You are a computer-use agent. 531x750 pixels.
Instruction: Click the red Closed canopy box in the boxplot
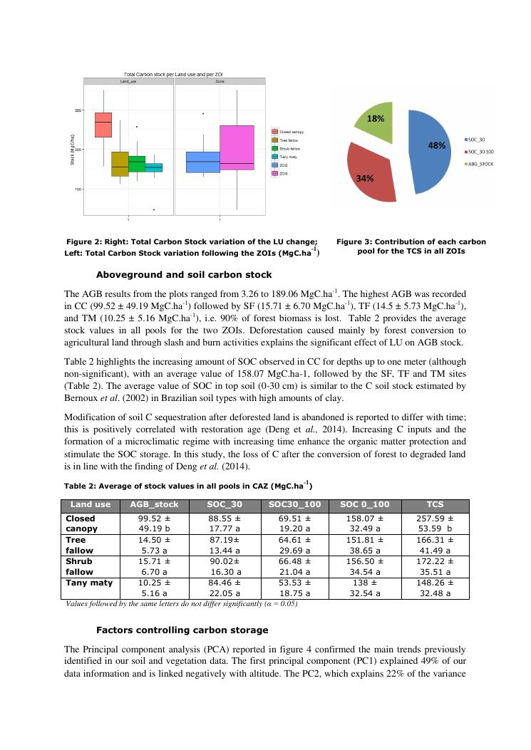(x=103, y=125)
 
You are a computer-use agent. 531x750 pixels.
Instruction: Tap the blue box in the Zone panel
(x=202, y=162)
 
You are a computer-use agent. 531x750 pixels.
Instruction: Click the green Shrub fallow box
(x=137, y=164)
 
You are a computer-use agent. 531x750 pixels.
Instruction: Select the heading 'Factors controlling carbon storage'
(x=182, y=630)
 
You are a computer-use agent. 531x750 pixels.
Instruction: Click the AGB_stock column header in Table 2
(x=149, y=504)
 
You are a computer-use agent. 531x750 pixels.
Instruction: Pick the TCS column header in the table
(x=435, y=504)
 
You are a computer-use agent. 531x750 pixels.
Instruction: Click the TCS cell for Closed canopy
(x=435, y=524)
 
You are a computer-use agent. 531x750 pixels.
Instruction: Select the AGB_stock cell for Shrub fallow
(x=149, y=567)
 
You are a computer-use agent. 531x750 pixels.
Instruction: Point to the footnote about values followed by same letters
(x=181, y=604)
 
